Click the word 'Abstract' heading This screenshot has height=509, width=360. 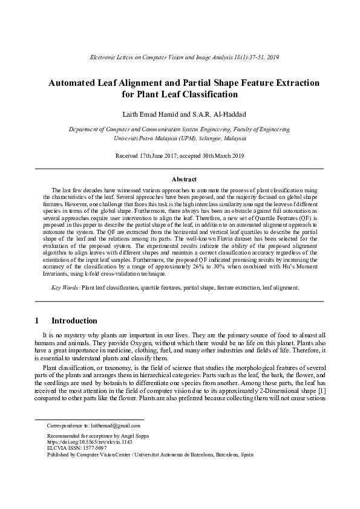point(180,180)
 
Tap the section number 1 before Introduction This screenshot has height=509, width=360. point(38,320)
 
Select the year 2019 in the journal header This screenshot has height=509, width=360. point(271,56)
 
